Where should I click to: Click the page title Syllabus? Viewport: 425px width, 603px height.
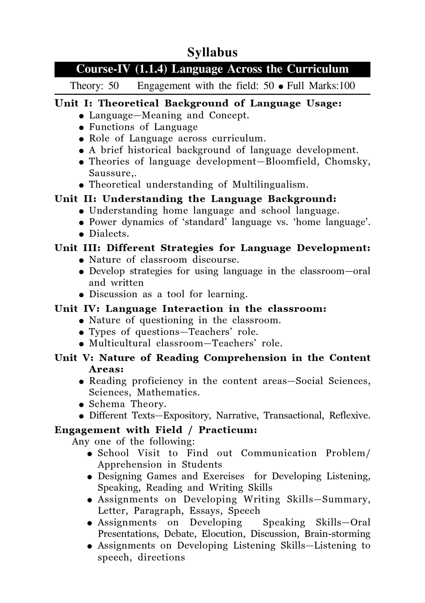coord(212,53)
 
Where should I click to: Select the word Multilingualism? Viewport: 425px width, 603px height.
coord(270,185)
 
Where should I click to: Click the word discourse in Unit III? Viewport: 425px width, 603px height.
coord(216,260)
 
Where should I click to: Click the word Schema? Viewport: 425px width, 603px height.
coord(107,404)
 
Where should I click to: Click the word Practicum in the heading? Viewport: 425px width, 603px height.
coord(228,430)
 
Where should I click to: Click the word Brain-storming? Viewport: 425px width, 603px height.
coord(337,534)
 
